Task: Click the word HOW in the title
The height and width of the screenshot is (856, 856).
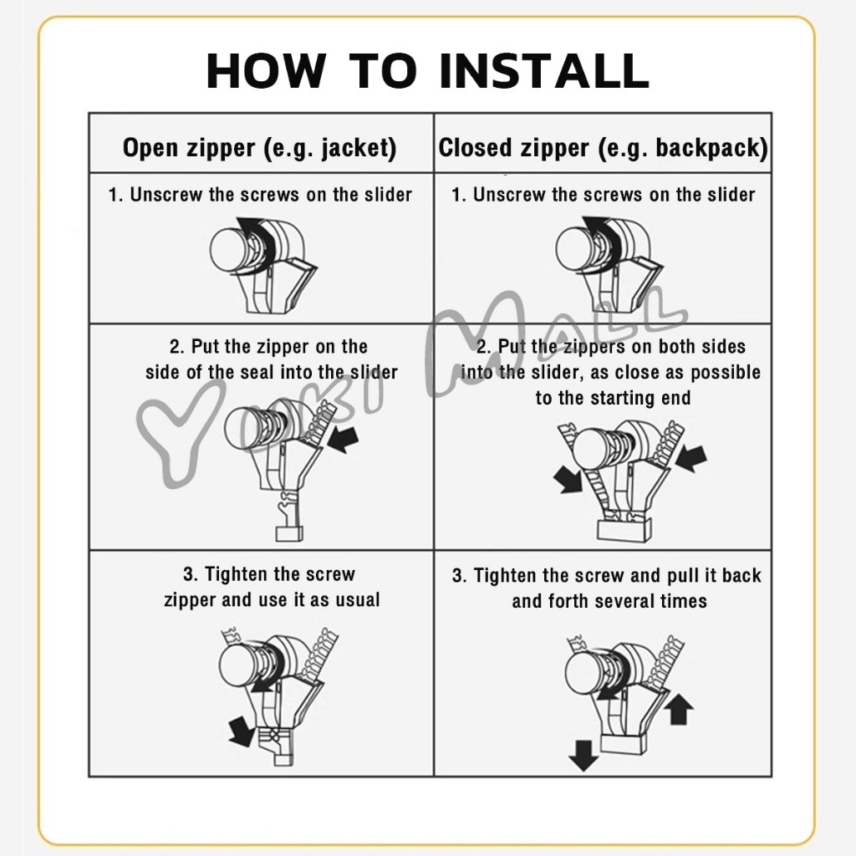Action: (266, 70)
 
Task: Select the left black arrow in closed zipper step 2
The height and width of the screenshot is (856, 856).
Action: (568, 479)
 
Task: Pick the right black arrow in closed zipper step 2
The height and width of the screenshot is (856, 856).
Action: (691, 457)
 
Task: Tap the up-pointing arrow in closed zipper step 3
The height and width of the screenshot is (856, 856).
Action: (679, 708)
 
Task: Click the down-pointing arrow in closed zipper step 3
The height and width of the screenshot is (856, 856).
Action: (583, 756)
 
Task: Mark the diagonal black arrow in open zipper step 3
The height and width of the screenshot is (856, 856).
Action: (241, 731)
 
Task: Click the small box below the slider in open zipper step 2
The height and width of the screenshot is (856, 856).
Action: (288, 532)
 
